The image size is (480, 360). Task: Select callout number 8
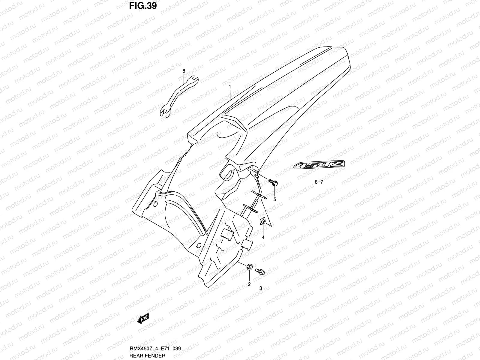point(184,71)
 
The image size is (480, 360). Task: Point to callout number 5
point(274,199)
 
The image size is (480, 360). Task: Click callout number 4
point(263,238)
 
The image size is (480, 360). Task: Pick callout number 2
point(249,284)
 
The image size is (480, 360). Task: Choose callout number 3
point(260,288)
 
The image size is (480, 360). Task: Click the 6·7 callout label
point(319,182)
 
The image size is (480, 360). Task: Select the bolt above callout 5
point(273,182)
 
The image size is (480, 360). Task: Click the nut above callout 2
point(249,267)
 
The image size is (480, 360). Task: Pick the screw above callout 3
point(260,271)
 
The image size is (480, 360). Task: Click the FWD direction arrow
point(143,319)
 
